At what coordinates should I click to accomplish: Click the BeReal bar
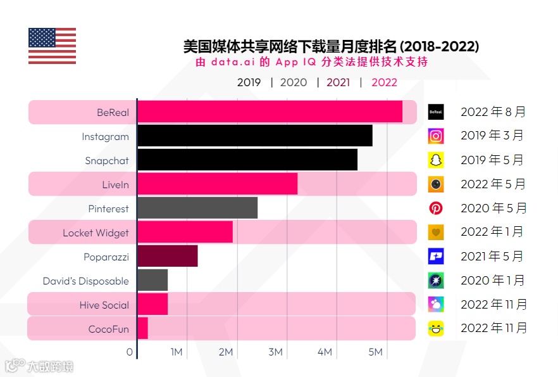pos(270,112)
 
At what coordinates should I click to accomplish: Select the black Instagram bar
pos(254,136)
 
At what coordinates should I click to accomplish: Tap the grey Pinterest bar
pos(197,208)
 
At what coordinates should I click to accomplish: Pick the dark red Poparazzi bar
pos(168,256)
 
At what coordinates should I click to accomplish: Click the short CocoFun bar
pos(142,328)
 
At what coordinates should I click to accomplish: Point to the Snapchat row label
pos(107,161)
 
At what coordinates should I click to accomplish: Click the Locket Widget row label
pos(96,233)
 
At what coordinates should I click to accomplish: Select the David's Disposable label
pos(85,281)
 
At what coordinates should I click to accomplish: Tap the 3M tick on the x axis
pos(275,352)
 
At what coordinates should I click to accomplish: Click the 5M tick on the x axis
pos(375,352)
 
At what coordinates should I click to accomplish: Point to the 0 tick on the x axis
pos(130,352)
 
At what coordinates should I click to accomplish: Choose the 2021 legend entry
pos(338,82)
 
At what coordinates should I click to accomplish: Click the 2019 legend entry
pos(249,82)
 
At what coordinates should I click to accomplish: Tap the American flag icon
pos(52,46)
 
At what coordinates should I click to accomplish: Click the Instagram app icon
pos(436,136)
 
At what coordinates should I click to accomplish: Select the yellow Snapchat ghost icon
pos(436,160)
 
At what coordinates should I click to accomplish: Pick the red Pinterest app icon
pos(436,208)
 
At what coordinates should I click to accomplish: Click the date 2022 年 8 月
pos(493,112)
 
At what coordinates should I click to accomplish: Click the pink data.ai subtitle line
pos(311,62)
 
